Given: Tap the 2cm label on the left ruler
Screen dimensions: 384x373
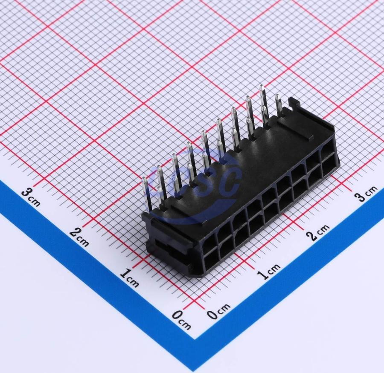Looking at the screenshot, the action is pyautogui.click(x=79, y=237).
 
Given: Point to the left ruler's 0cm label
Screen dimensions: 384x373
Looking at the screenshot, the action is pyautogui.click(x=181, y=319).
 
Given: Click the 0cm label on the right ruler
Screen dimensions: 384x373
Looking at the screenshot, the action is pyautogui.click(x=218, y=311).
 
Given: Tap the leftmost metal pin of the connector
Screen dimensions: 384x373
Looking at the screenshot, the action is pyautogui.click(x=147, y=194).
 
